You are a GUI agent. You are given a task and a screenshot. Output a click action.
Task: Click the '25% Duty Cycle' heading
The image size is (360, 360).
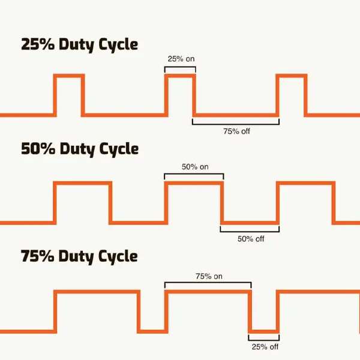coord(79,45)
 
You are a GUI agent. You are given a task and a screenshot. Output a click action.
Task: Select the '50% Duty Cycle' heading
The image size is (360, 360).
coord(80,149)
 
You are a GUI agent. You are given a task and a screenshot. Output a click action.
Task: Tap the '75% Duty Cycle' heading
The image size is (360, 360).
coord(79,256)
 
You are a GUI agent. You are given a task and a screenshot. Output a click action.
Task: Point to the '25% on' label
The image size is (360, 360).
coord(181,59)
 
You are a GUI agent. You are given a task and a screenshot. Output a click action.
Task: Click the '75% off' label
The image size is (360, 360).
coord(236,131)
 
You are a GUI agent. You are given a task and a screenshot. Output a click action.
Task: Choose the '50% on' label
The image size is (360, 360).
coord(195,167)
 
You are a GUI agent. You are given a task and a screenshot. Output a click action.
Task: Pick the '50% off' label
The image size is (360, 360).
coord(251,239)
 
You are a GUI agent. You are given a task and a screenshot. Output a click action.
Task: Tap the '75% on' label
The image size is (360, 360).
coord(209,276)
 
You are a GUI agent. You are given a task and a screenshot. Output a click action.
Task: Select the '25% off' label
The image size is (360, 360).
coord(265,347)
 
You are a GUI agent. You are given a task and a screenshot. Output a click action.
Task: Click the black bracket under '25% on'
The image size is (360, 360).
coord(180,67)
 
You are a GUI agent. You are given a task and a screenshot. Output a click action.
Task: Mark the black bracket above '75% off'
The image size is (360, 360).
coord(236,124)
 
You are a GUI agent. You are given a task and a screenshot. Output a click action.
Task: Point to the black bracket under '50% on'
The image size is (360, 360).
coord(194,174)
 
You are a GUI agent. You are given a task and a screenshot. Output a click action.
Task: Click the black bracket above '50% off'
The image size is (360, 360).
coord(250,232)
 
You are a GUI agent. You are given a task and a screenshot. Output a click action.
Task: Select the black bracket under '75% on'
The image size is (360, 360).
coord(208,283)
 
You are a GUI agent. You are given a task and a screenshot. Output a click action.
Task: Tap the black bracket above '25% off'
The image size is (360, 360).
coord(264,340)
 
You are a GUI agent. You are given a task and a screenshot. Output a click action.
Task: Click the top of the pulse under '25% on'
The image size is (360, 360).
coord(180,76)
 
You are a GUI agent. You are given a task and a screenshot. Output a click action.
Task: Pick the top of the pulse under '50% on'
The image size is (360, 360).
coord(194,183)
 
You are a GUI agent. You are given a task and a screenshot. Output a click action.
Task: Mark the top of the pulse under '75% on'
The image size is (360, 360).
coord(208,292)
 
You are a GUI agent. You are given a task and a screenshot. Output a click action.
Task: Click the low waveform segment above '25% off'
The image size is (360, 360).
coord(264,332)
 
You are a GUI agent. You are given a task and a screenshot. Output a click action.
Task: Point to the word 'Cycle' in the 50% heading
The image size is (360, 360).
coord(119,149)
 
